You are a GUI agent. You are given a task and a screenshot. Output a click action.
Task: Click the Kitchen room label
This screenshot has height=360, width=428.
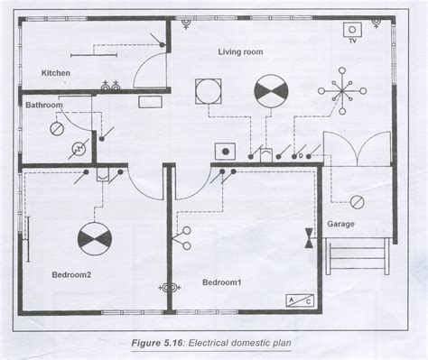pyautogui.click(x=55, y=72)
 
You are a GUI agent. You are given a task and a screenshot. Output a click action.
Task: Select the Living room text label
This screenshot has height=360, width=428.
pyautogui.click(x=240, y=52)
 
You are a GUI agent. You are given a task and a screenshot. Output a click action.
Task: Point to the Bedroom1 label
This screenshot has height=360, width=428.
pyautogui.click(x=222, y=282)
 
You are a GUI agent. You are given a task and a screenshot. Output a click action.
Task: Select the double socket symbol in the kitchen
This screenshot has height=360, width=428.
pyautogui.click(x=113, y=87)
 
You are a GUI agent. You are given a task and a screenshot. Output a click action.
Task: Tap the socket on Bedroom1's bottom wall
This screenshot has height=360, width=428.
pyautogui.click(x=166, y=287)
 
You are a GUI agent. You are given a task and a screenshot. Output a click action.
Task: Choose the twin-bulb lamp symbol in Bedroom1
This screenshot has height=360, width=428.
pyautogui.click(x=187, y=236)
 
